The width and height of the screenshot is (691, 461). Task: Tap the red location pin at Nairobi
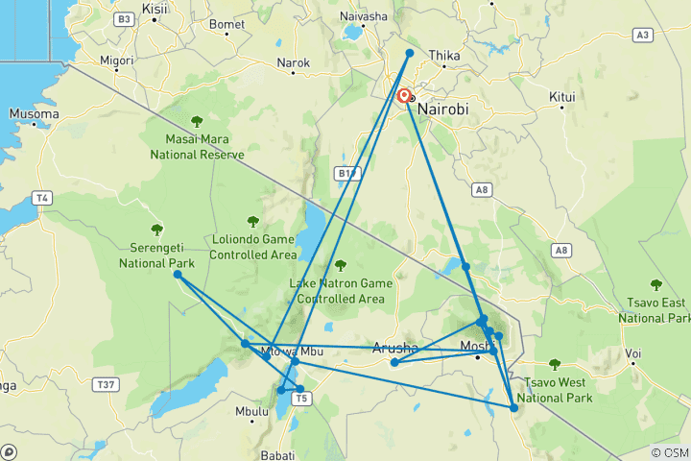(404, 96)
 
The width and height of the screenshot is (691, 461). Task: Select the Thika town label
(445, 56)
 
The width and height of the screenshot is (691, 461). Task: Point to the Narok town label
(294, 63)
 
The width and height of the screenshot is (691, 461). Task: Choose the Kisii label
(154, 9)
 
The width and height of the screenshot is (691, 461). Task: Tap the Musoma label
(34, 113)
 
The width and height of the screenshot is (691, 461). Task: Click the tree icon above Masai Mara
(197, 121)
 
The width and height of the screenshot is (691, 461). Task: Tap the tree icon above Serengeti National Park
(156, 229)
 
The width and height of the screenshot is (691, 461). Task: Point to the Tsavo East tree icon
(655, 284)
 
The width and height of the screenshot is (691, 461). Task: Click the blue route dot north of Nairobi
(410, 54)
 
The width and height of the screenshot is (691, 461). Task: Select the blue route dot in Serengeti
(178, 275)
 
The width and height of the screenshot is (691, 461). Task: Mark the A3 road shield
(643, 36)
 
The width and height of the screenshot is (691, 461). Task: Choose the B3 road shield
(123, 19)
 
